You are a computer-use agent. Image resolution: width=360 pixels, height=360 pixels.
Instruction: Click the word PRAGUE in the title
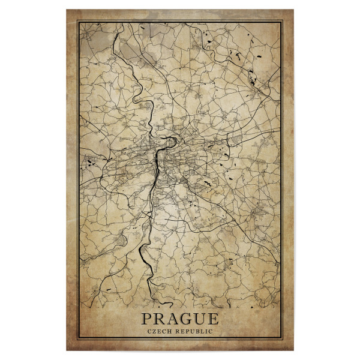[179, 319]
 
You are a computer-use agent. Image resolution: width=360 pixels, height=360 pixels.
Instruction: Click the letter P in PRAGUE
[146, 319]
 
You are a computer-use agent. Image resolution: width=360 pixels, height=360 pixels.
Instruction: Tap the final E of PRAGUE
[214, 319]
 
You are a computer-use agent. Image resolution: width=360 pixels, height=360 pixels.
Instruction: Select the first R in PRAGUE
[158, 319]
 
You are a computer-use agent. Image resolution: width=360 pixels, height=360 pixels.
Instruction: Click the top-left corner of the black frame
[79, 22]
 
